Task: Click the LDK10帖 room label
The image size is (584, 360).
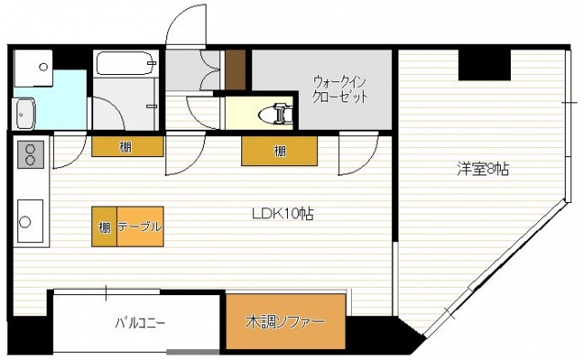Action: [x=283, y=215]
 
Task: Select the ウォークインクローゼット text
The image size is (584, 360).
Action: [x=340, y=87]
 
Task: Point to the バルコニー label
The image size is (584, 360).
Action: [x=140, y=323]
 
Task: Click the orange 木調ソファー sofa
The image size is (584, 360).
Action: [x=285, y=322]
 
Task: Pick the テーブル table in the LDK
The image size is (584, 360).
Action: [x=139, y=227]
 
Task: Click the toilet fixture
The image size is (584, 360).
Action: [x=276, y=113]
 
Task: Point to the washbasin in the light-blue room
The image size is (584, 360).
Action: [x=25, y=113]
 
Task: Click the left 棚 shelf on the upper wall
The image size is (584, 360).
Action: [x=126, y=146]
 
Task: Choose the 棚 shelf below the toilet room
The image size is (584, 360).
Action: [x=280, y=151]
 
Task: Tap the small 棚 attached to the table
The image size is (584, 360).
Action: [x=102, y=227]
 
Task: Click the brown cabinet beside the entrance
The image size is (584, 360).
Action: [x=236, y=70]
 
